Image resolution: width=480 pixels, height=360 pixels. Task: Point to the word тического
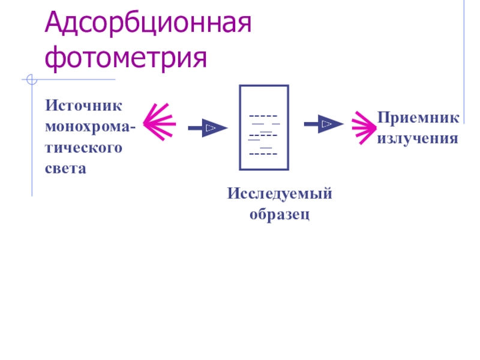coord(83,148)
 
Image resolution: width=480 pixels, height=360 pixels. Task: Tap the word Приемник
coord(418,118)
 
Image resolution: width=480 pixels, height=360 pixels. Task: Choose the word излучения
coord(418,139)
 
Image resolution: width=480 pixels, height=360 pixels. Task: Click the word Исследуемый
coord(280,194)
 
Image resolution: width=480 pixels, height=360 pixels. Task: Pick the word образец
coord(280,214)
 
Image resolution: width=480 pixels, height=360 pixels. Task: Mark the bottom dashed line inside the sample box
coord(263,155)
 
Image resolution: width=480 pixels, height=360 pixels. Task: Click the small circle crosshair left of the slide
coord(31,79)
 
